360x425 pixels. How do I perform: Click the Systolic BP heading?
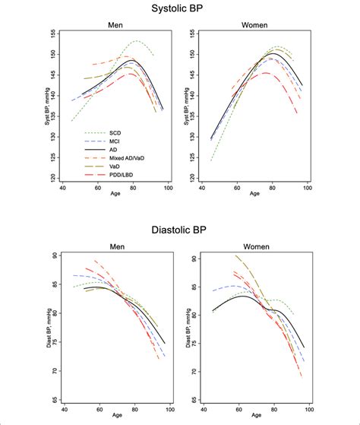pyautogui.click(x=179, y=8)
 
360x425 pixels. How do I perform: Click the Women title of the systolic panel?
pyautogui.click(x=256, y=25)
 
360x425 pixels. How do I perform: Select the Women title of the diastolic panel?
pyautogui.click(x=256, y=246)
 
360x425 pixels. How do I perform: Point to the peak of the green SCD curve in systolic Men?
pyautogui.click(x=137, y=41)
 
